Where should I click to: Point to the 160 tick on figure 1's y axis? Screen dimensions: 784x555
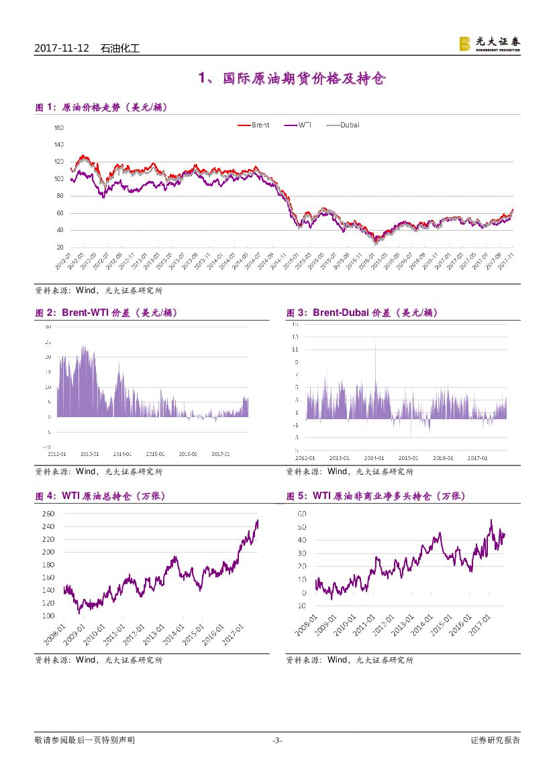point(58,127)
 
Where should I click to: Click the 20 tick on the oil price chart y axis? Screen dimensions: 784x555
point(60,247)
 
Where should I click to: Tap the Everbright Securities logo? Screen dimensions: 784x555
point(489,44)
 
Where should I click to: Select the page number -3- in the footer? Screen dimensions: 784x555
point(277,740)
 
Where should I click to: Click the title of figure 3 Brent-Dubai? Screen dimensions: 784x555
point(362,313)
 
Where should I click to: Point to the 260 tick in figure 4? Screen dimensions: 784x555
point(48,514)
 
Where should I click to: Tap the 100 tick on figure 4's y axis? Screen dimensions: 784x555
point(48,616)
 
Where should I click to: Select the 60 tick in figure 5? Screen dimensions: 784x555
point(302,514)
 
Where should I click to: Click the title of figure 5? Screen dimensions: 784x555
point(376,496)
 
